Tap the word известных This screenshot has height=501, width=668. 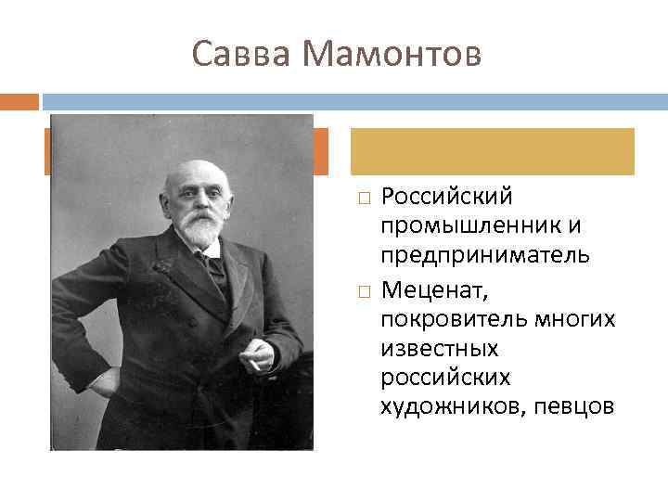click(440, 349)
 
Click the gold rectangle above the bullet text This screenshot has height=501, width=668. click(492, 151)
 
